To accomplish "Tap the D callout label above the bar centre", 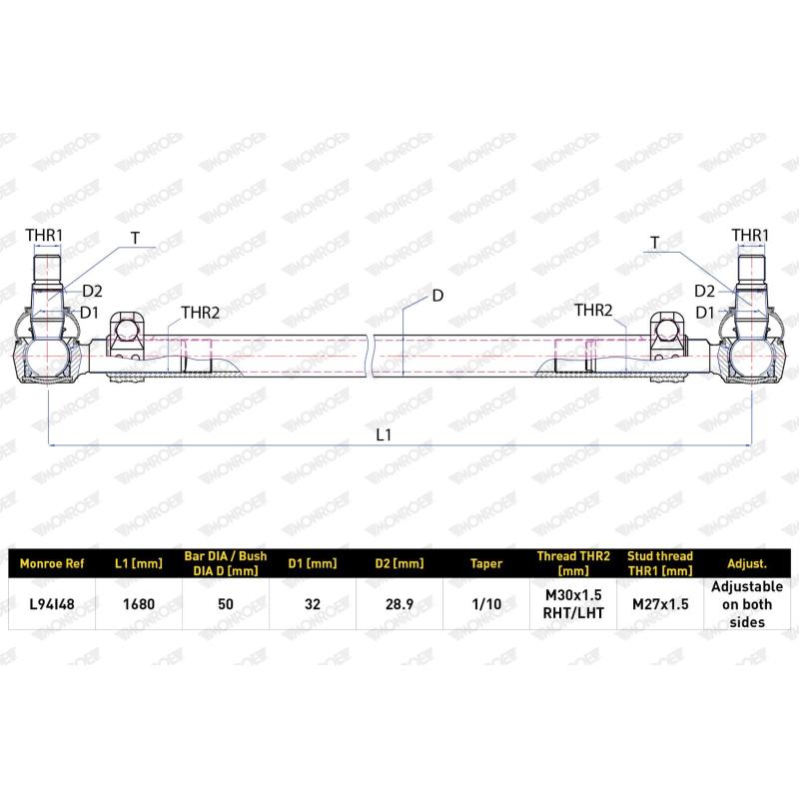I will [x=436, y=296].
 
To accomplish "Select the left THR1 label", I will [x=44, y=236].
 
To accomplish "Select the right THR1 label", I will [x=749, y=236].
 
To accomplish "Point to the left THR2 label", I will [x=200, y=313].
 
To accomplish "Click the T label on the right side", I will [x=654, y=243].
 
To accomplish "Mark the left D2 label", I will [x=92, y=291].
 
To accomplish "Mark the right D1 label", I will [x=704, y=313].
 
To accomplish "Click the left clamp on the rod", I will [x=126, y=338].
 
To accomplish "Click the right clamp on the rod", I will [x=666, y=338].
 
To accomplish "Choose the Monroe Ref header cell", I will [x=53, y=563].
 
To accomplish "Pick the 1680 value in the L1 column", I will [x=137, y=604].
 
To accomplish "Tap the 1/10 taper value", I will [x=485, y=604].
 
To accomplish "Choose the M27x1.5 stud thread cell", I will [x=660, y=604].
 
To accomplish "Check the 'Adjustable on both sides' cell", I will [x=747, y=604].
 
